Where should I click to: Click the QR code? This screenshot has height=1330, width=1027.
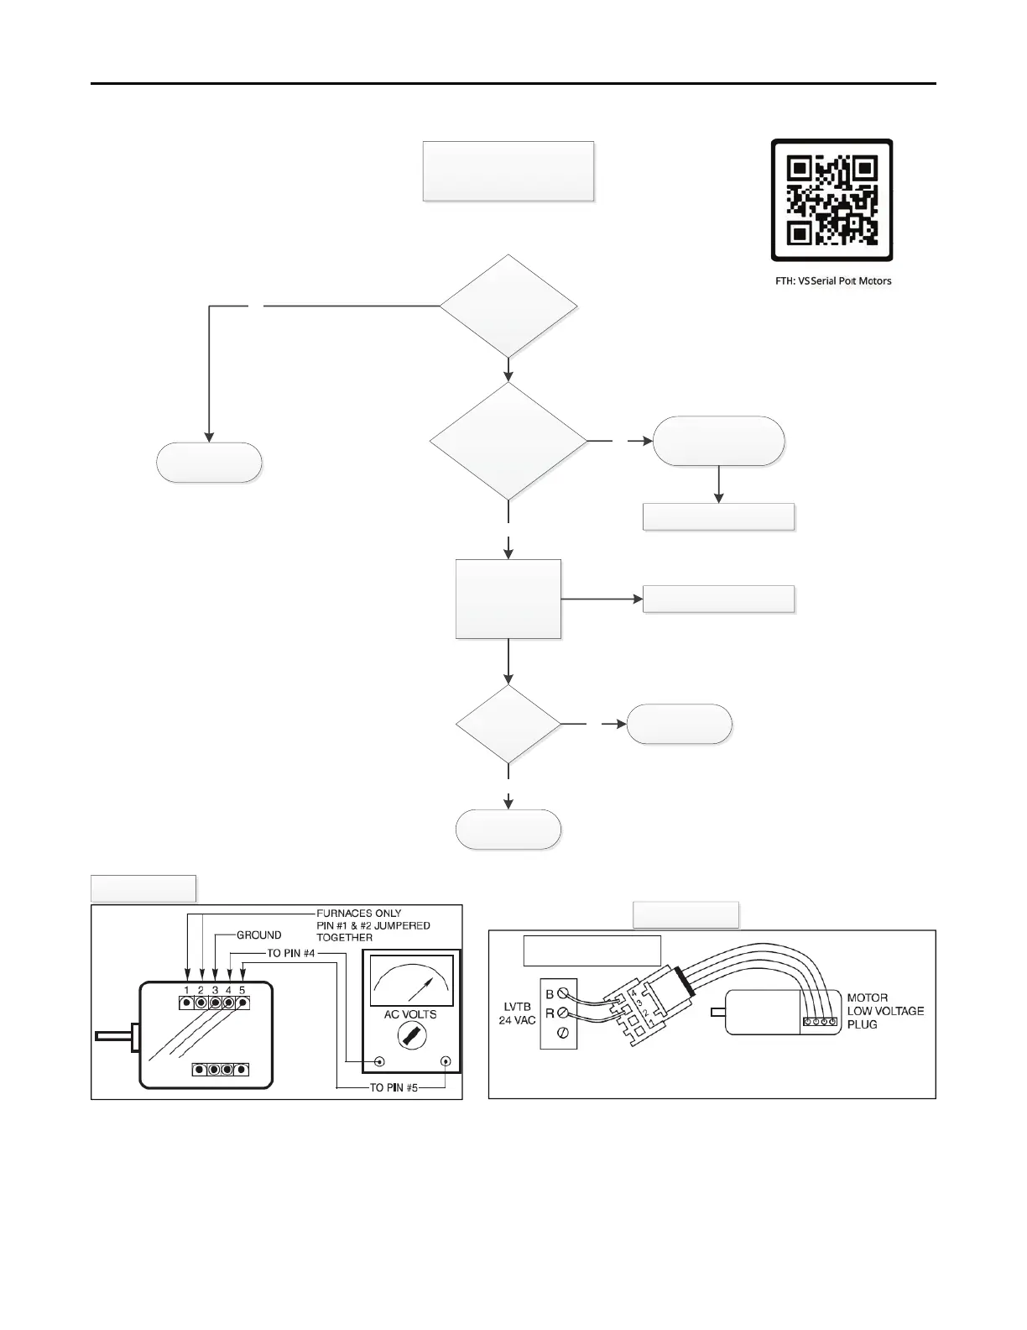pyautogui.click(x=832, y=200)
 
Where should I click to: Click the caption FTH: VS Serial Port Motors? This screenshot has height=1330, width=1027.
pyautogui.click(x=832, y=280)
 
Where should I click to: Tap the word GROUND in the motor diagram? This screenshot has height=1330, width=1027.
pyautogui.click(x=259, y=935)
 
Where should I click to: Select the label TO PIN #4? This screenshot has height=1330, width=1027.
pyautogui.click(x=290, y=954)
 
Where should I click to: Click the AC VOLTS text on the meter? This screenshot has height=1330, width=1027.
pyautogui.click(x=410, y=1014)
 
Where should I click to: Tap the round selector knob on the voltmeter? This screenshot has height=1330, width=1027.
pyautogui.click(x=411, y=1039)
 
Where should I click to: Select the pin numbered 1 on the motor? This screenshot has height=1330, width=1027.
pyautogui.click(x=187, y=1003)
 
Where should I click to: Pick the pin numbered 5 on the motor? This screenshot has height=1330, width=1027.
pyautogui.click(x=242, y=1003)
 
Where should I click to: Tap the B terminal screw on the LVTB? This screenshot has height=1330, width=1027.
pyautogui.click(x=563, y=994)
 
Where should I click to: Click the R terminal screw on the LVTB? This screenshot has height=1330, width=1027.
pyautogui.click(x=563, y=1013)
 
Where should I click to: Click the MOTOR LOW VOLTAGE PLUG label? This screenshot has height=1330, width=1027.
pyautogui.click(x=885, y=1011)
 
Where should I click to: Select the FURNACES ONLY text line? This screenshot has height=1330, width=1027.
pyautogui.click(x=358, y=913)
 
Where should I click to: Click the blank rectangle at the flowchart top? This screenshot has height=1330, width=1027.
pyautogui.click(x=508, y=171)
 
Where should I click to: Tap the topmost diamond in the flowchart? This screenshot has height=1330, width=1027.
pyautogui.click(x=508, y=306)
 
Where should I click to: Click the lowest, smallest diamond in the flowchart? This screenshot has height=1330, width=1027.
pyautogui.click(x=508, y=724)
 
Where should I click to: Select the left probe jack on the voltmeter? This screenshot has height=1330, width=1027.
pyautogui.click(x=379, y=1061)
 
